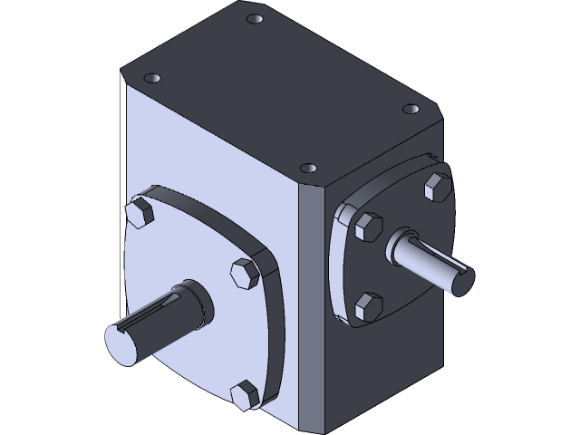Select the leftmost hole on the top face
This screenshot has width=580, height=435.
(152, 78)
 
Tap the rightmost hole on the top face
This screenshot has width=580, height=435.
(411, 109)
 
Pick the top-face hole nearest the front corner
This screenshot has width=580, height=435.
(309, 169)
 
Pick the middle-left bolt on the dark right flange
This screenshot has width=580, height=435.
(369, 227)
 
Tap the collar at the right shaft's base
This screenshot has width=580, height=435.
(400, 246)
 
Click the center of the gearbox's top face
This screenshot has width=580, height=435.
(281, 91)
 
